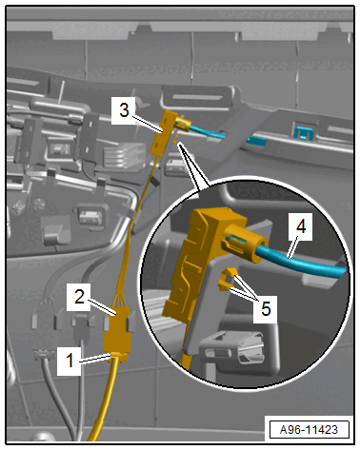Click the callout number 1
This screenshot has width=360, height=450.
tap(70, 361)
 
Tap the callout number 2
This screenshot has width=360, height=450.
tap(79, 297)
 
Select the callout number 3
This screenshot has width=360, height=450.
tap(124, 110)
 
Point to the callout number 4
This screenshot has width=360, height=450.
tap(301, 226)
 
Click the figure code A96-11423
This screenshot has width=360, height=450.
tap(309, 430)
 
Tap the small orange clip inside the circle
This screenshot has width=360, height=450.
tap(228, 279)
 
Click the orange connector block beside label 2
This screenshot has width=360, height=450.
tap(117, 330)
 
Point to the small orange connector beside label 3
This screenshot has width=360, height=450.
tap(164, 132)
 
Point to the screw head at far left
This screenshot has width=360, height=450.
tap(19, 207)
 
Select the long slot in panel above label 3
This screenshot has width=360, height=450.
tap(196, 97)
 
